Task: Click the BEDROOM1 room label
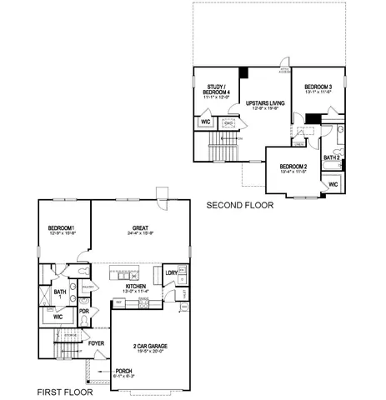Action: click(62, 227)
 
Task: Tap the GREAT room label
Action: click(139, 227)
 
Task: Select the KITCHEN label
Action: click(136, 285)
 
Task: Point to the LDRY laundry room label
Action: click(171, 272)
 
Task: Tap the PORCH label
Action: click(123, 371)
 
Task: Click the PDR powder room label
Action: click(83, 312)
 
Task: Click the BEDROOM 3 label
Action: click(318, 87)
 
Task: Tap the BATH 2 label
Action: click(331, 157)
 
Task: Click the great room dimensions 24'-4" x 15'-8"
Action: click(139, 234)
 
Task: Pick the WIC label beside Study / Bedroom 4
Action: click(205, 122)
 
